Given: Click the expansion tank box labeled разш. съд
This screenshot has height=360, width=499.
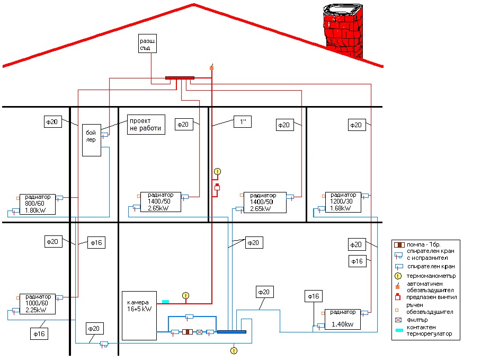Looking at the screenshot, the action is (148, 43).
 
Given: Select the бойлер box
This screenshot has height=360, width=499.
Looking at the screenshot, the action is (92, 140).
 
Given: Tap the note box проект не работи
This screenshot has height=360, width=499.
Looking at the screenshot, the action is (146, 125).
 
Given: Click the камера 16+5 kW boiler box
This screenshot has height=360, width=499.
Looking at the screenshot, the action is (139, 315).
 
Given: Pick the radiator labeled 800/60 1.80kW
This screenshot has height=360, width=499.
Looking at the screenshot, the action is (38, 204).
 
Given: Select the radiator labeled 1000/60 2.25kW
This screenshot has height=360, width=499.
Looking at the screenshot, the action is (38, 304).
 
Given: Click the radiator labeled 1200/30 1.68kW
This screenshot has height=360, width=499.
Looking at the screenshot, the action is (343, 202).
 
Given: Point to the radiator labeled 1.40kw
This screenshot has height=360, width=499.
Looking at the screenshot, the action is (342, 320).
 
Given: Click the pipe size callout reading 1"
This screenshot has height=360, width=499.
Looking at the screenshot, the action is (243, 122).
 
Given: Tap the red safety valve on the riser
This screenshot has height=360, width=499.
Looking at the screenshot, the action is (217, 187).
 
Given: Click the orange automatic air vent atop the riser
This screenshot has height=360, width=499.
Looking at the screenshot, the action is (212, 67).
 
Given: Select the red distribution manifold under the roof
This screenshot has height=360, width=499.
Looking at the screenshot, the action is (180, 78).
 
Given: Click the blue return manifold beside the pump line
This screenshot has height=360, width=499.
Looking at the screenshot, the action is (231, 332).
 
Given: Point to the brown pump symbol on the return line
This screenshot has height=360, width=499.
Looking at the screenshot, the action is (188, 332).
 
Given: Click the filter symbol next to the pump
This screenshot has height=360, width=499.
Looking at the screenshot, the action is (199, 332).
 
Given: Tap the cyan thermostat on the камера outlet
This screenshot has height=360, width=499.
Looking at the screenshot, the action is (165, 301).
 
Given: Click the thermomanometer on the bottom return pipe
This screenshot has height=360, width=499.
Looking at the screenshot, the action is (234, 351).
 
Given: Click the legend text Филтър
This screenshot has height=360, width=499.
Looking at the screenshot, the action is (417, 320).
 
